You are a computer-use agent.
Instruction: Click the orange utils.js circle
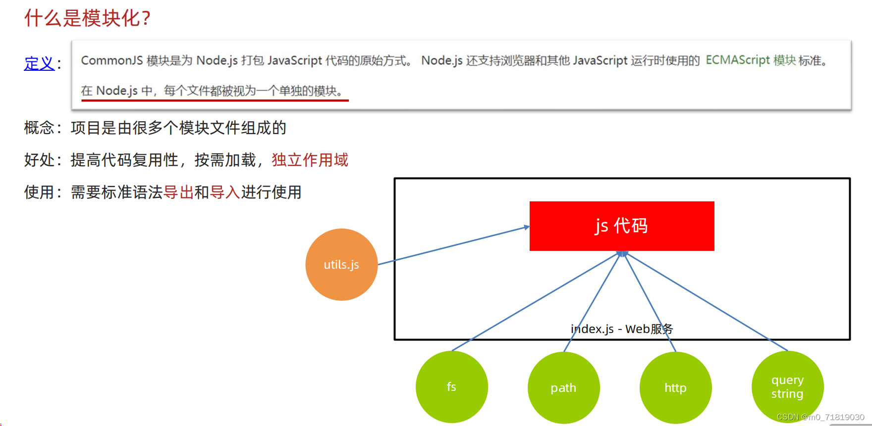341,265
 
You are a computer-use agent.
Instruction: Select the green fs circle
451,387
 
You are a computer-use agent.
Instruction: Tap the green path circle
563,387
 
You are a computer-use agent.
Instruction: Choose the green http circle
675,387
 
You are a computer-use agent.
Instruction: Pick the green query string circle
787,387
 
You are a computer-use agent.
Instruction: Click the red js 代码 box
621,226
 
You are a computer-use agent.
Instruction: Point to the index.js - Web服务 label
621,329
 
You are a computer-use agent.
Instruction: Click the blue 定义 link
39,63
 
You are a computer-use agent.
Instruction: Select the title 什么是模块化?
87,18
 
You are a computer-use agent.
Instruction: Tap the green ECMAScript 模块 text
751,60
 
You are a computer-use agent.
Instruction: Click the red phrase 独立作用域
310,160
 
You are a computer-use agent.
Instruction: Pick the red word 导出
178,192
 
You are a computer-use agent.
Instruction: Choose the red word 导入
225,192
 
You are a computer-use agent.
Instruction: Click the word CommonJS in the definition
112,60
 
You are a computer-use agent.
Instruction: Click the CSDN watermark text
820,417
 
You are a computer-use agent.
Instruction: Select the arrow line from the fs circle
535,302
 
